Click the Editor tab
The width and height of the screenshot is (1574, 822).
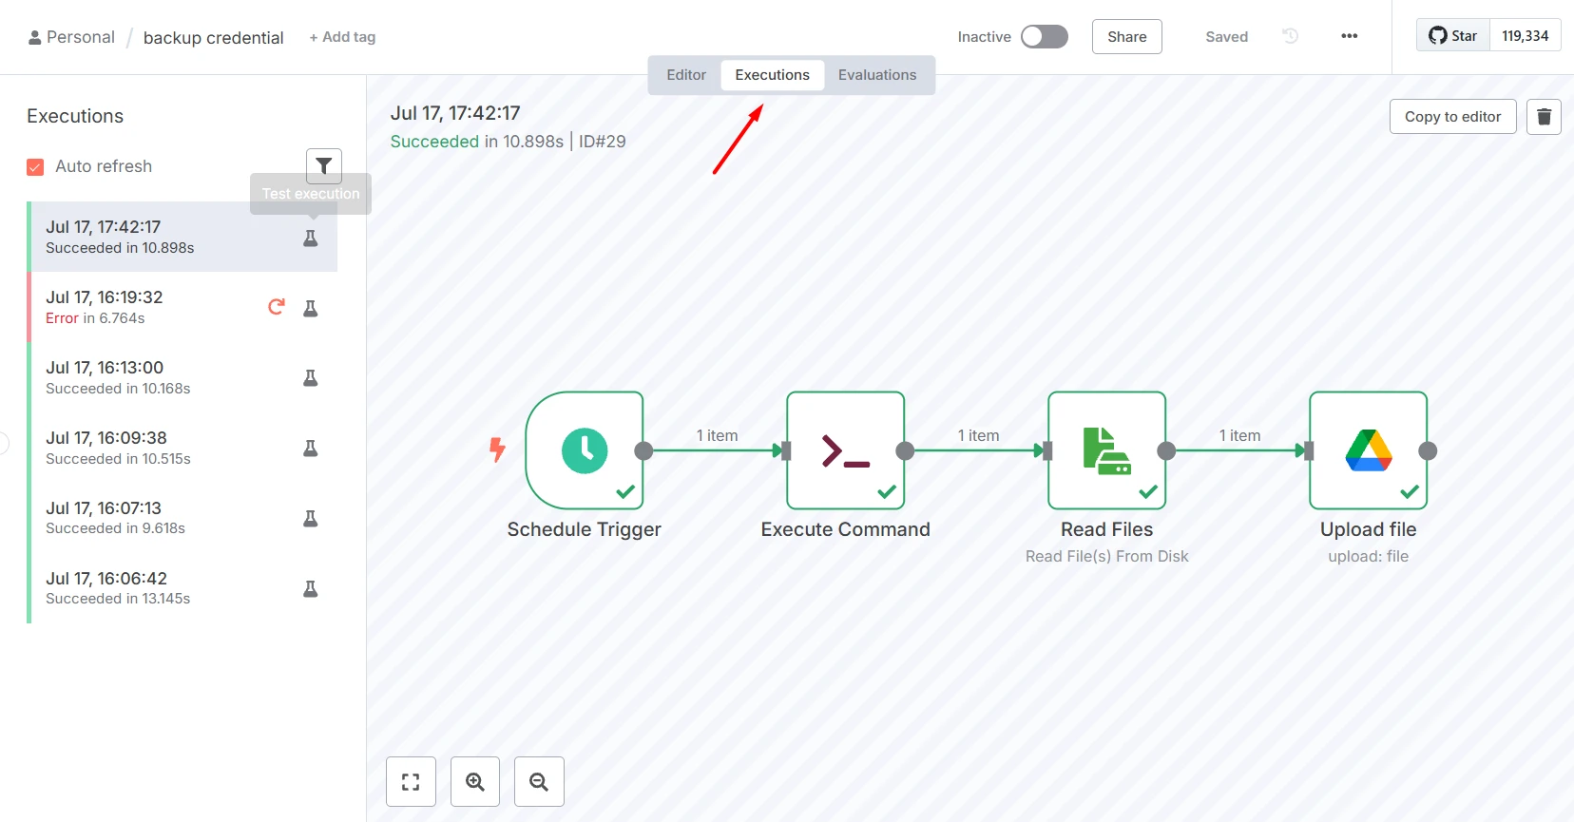(686, 74)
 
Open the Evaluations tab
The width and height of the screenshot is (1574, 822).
(877, 74)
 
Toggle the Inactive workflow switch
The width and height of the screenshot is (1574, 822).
(1045, 36)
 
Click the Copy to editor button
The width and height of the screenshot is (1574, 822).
(1452, 117)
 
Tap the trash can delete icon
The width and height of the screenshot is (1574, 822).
(1544, 117)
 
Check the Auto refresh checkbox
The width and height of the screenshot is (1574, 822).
(35, 166)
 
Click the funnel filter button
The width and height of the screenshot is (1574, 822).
(324, 166)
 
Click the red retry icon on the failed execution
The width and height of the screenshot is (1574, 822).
(277, 307)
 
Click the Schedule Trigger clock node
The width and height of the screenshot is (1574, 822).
(585, 450)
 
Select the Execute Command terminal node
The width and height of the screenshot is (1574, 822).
(845, 450)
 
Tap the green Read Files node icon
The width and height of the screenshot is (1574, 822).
(1106, 450)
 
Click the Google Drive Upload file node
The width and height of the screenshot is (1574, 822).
(1368, 450)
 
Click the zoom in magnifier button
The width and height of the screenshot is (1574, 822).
(475, 781)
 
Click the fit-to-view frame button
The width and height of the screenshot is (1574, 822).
(411, 781)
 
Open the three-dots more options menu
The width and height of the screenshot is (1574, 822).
(1349, 36)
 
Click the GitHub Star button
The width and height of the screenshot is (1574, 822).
(1453, 36)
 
